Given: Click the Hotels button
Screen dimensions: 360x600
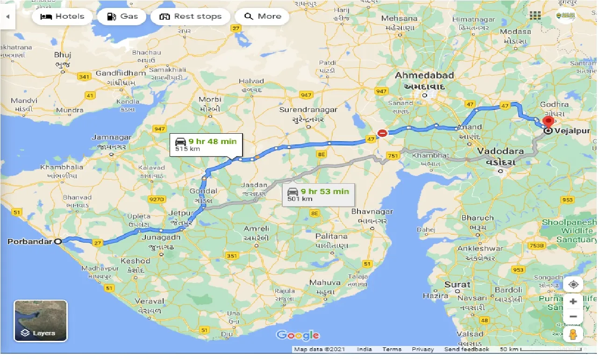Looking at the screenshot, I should [x=62, y=17].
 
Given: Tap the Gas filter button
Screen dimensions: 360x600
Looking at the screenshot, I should [x=121, y=17].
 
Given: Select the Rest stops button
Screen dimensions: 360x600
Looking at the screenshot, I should [x=190, y=17].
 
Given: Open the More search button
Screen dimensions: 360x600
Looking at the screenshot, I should [x=262, y=17].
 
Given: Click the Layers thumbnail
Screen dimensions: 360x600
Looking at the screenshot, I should [x=41, y=321].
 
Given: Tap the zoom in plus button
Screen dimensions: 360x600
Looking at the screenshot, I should [x=573, y=301].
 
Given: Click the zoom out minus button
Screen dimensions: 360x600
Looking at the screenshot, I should [x=573, y=317].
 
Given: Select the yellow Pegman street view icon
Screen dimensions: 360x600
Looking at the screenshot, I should [x=573, y=334].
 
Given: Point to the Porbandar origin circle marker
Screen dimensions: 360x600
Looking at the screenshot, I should [x=58, y=242].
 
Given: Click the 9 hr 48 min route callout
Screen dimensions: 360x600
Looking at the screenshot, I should [x=206, y=145].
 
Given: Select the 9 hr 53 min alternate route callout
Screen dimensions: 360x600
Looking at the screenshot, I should [x=318, y=194].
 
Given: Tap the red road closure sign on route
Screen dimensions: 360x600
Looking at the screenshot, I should [x=382, y=133].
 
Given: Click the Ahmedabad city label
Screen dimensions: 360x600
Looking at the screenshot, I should [x=424, y=75].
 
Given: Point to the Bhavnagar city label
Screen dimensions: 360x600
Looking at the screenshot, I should [x=372, y=212].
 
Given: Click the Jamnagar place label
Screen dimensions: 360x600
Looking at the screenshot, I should [x=111, y=137].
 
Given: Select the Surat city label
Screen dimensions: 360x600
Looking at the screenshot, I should [x=457, y=284].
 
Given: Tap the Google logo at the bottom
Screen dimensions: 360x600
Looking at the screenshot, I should [x=298, y=335].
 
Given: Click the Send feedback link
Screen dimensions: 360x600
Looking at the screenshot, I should [x=466, y=349].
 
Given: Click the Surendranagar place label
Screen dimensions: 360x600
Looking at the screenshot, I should [x=308, y=109].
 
